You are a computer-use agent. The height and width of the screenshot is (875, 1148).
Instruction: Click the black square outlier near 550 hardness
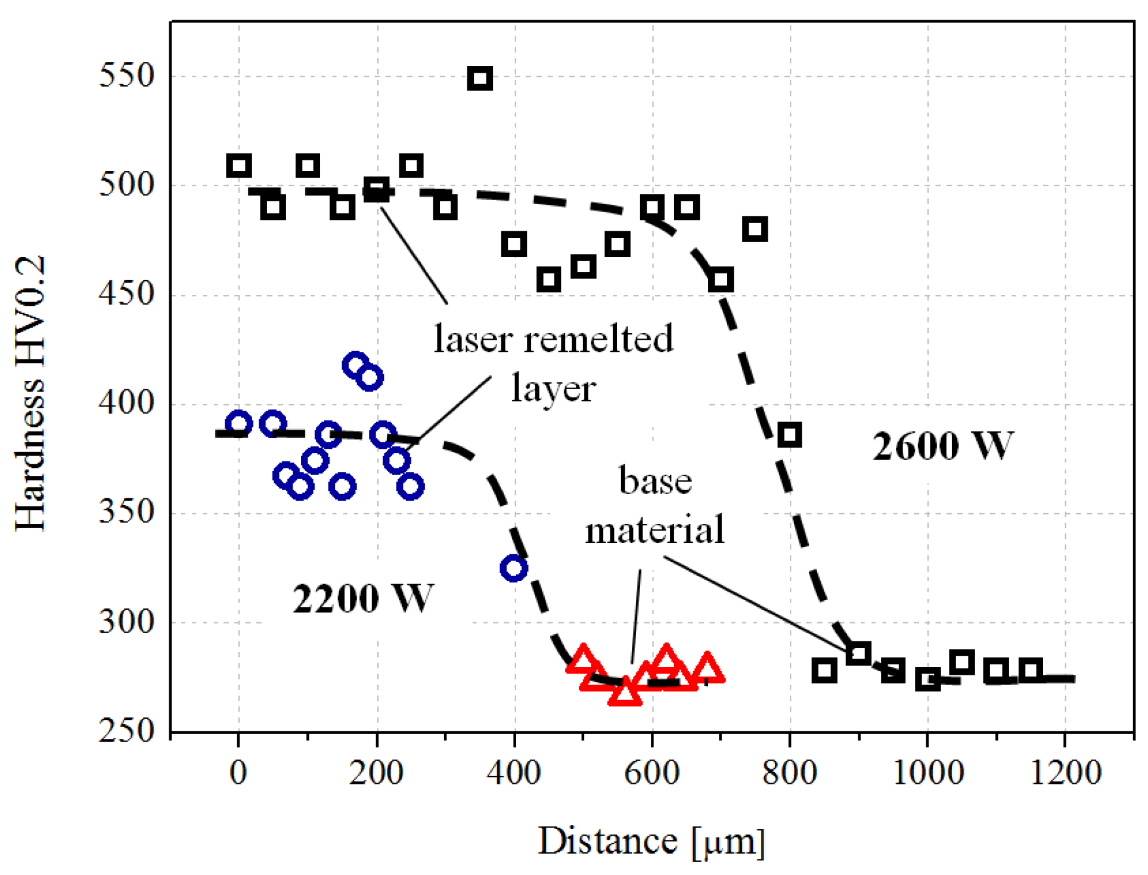[x=480, y=79]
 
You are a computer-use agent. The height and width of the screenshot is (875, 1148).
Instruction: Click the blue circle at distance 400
[x=514, y=568]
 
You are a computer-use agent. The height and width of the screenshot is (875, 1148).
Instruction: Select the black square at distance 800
[x=789, y=435]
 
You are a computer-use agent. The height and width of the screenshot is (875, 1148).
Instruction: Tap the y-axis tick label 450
[x=126, y=294]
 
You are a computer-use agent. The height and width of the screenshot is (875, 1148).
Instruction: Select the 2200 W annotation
[x=362, y=599]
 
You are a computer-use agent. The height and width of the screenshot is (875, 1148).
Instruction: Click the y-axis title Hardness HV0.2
[x=30, y=393]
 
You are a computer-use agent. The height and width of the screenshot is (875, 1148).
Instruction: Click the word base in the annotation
[x=655, y=481]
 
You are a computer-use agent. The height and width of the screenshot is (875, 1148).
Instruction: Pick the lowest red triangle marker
[x=625, y=693]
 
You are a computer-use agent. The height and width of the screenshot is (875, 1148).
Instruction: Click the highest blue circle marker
[x=356, y=364]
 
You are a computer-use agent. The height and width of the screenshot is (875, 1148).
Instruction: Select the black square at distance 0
[x=239, y=166]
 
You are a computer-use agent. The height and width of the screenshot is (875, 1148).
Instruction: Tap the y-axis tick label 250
[x=126, y=731]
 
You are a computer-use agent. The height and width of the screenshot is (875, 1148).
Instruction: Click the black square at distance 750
[x=755, y=229]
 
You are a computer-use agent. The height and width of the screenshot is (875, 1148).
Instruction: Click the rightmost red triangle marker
[x=707, y=668]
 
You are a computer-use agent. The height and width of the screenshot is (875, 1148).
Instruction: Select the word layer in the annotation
[x=553, y=389]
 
